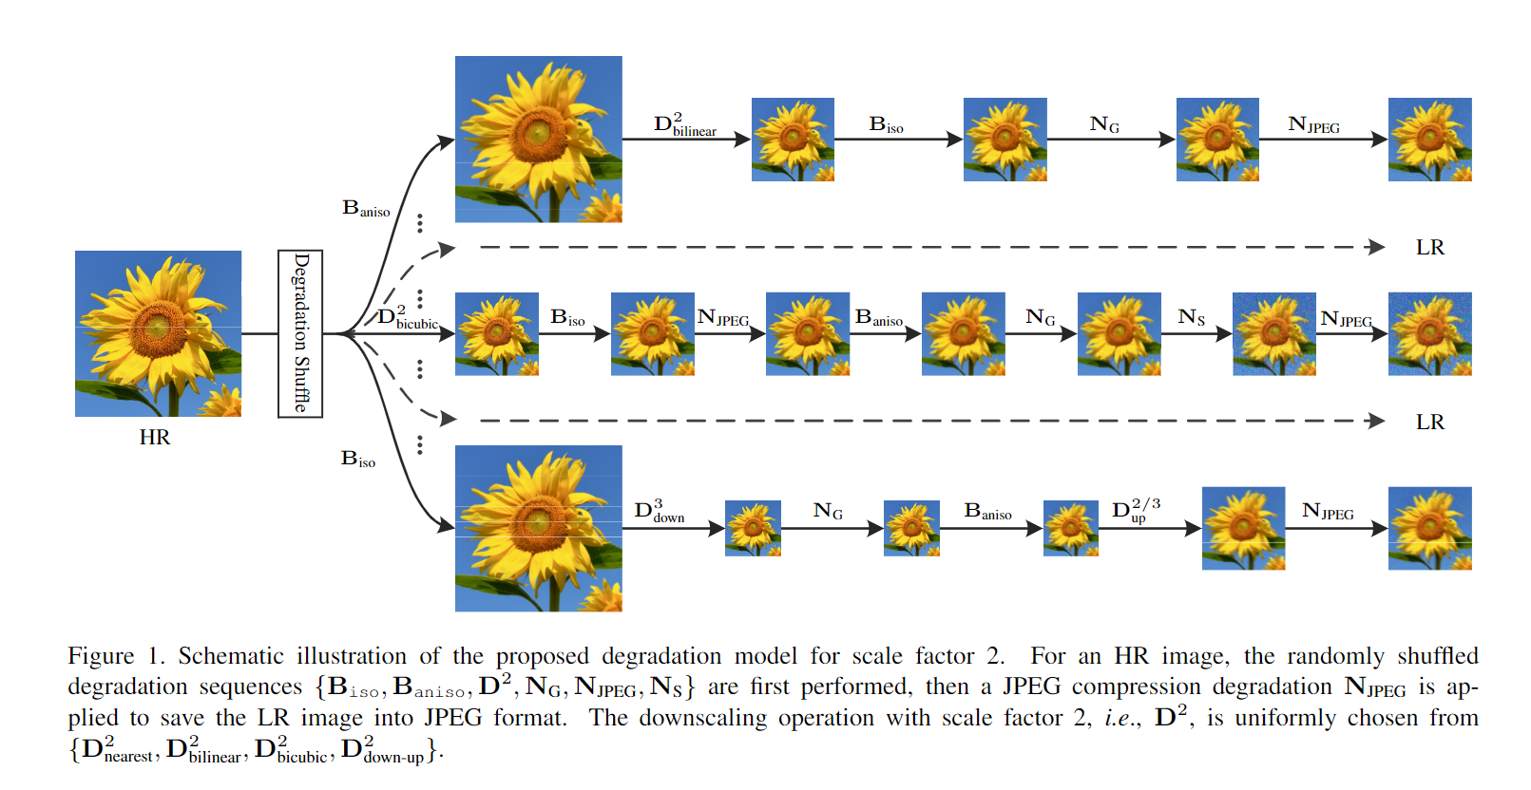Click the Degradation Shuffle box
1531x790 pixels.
(x=300, y=333)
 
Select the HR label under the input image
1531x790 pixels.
(x=155, y=438)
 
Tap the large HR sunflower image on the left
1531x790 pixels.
(x=158, y=333)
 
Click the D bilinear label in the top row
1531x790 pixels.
(x=684, y=125)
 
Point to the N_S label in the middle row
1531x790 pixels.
(x=1191, y=317)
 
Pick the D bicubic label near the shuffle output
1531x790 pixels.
(x=407, y=318)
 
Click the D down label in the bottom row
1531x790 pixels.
(x=659, y=512)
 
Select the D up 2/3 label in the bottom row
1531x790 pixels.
(x=1136, y=510)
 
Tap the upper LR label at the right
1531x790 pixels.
(x=1429, y=248)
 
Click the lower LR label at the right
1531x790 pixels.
(x=1429, y=423)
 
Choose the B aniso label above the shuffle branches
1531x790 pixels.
(x=366, y=209)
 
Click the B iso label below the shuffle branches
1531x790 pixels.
(x=358, y=460)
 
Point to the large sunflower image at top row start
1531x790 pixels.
(x=538, y=140)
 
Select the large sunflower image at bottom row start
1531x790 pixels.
(x=538, y=528)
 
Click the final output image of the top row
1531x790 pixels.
(x=1429, y=140)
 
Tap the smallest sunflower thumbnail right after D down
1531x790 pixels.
(x=753, y=528)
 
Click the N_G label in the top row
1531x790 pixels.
(x=1104, y=124)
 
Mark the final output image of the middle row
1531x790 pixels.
(x=1429, y=334)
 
